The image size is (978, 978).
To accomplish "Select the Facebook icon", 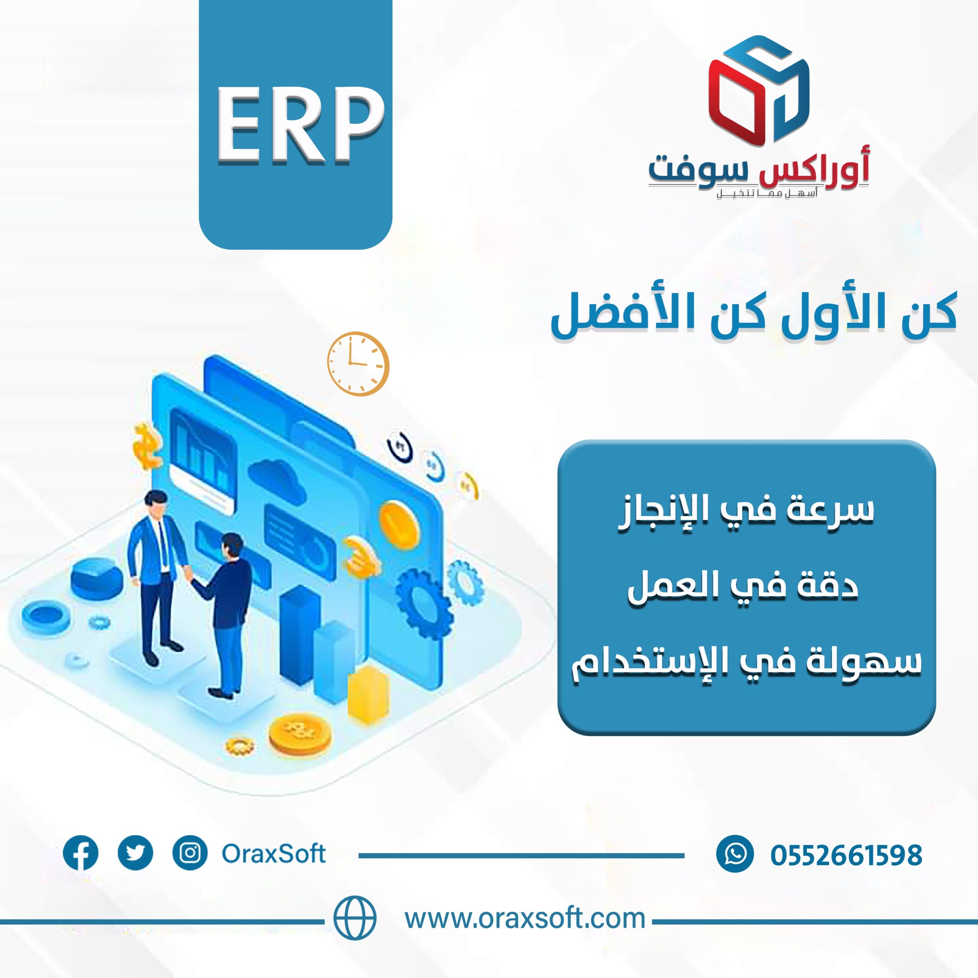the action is pos(81,853).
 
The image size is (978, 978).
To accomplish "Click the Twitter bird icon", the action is pos(135,853).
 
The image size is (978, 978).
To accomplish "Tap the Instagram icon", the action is pos(190,853).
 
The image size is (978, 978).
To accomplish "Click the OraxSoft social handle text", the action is pos(274,853).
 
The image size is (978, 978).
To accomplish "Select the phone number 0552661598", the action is pos(846,855).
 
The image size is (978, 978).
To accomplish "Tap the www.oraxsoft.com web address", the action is pos(525,918).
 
